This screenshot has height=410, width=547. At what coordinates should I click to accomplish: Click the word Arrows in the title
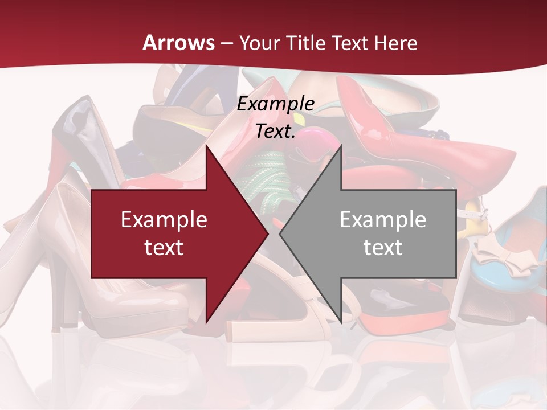(x=179, y=43)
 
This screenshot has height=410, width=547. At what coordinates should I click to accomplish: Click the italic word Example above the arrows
(x=276, y=104)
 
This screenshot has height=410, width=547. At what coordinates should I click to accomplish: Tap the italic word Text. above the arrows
(x=276, y=131)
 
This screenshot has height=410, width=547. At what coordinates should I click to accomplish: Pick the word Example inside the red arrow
(x=164, y=219)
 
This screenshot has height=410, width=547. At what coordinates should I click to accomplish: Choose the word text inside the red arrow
(x=164, y=247)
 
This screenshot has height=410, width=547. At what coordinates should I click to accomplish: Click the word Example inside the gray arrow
(x=383, y=219)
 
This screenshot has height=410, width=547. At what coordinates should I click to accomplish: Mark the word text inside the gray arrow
(x=383, y=247)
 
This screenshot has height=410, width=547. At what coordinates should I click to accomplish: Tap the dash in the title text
(x=226, y=43)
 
